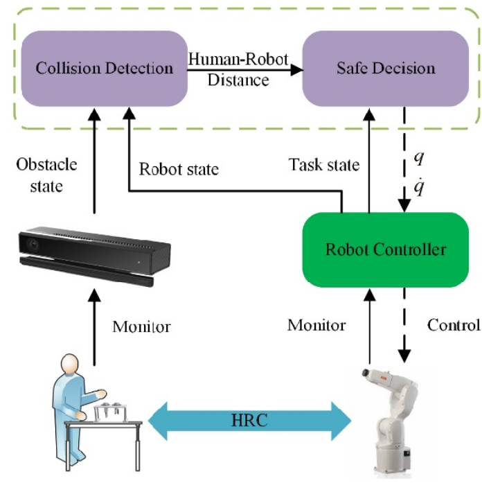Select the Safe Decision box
click(385, 68)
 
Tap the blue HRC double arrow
click(250, 421)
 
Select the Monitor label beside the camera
click(142, 326)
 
